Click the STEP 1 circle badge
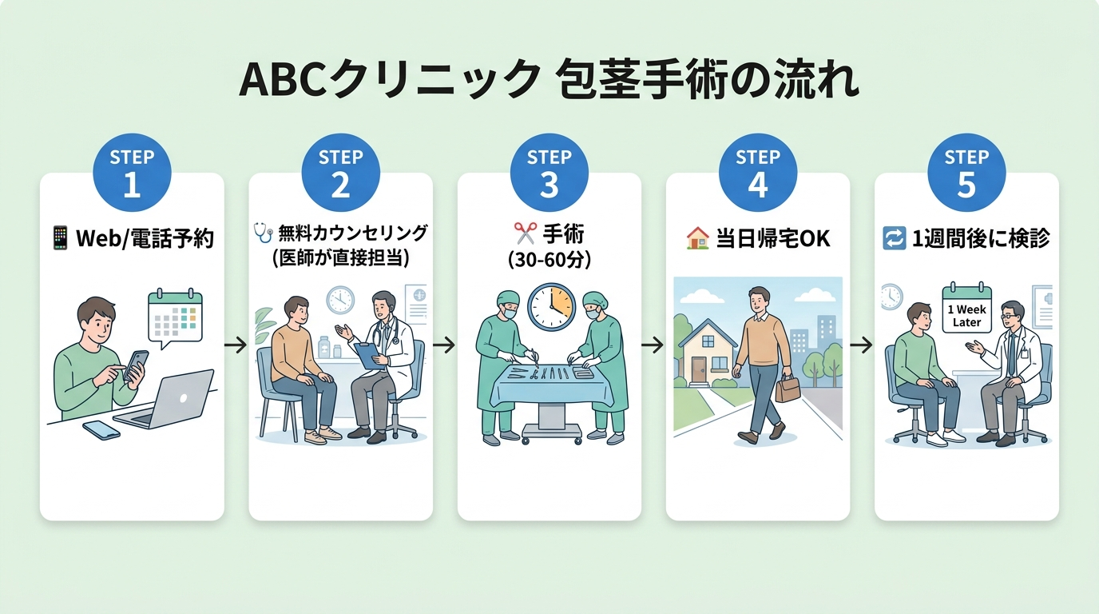[132, 173]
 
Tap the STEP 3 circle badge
[549, 173]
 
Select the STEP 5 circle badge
[966, 173]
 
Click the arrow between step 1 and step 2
[236, 345]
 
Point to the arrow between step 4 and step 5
[862, 345]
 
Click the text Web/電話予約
[145, 238]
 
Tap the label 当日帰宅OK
[770, 238]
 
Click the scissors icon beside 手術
[525, 233]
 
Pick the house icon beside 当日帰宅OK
[697, 237]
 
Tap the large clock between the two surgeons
[551, 308]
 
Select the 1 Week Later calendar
[966, 310]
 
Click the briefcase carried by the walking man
[788, 389]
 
